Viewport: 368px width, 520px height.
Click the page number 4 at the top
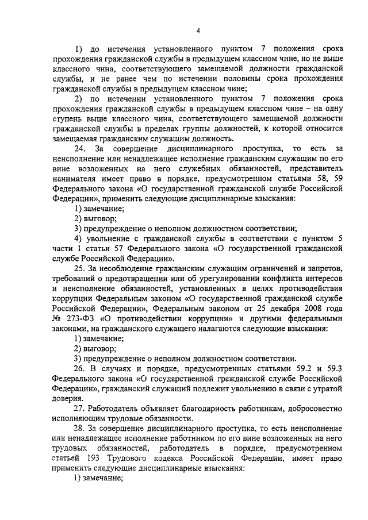197,31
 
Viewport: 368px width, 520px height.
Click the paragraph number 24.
79,148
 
